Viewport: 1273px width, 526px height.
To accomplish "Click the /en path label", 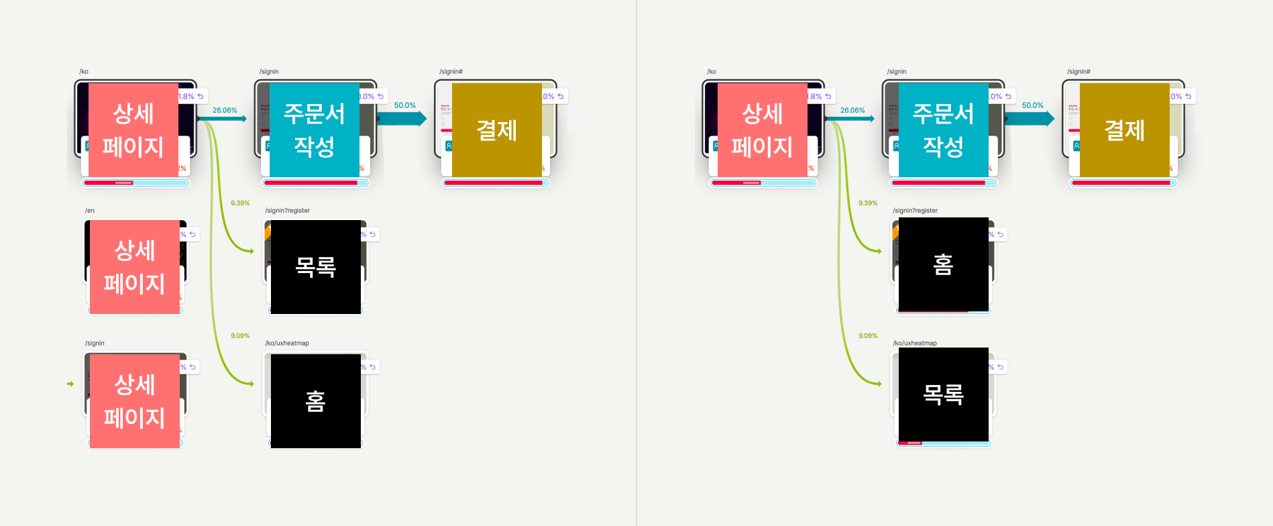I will point(90,211).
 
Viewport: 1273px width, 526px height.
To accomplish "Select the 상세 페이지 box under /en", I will point(135,267).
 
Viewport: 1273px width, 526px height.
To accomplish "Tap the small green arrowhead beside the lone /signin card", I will point(70,384).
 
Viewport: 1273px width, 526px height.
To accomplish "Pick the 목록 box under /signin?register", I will point(316,267).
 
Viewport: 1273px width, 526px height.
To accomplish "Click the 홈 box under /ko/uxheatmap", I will point(316,401).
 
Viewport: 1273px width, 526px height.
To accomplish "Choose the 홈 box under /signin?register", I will point(943,264).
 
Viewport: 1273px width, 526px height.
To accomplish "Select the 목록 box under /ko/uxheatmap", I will point(943,394).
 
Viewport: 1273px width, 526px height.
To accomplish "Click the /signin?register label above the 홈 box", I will point(915,211).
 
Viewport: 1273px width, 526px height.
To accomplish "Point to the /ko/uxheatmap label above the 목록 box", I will point(915,344).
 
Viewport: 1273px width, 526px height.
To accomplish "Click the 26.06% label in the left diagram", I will point(225,110).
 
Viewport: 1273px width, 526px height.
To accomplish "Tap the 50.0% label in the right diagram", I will point(1032,105).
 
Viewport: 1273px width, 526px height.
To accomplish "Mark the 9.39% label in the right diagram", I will point(868,203).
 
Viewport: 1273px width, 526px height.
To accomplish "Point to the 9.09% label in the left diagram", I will point(240,335).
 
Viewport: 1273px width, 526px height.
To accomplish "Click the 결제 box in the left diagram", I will point(497,130).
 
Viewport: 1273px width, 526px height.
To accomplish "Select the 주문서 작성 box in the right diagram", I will point(943,130).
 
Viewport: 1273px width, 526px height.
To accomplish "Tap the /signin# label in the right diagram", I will point(1078,72).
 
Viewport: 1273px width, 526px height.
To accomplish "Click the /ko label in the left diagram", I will point(84,72).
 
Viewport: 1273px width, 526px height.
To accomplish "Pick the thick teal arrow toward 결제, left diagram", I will point(402,119).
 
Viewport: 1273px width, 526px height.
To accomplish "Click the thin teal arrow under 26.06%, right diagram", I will point(850,119).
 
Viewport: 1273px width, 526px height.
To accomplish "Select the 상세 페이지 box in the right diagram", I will point(762,130).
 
